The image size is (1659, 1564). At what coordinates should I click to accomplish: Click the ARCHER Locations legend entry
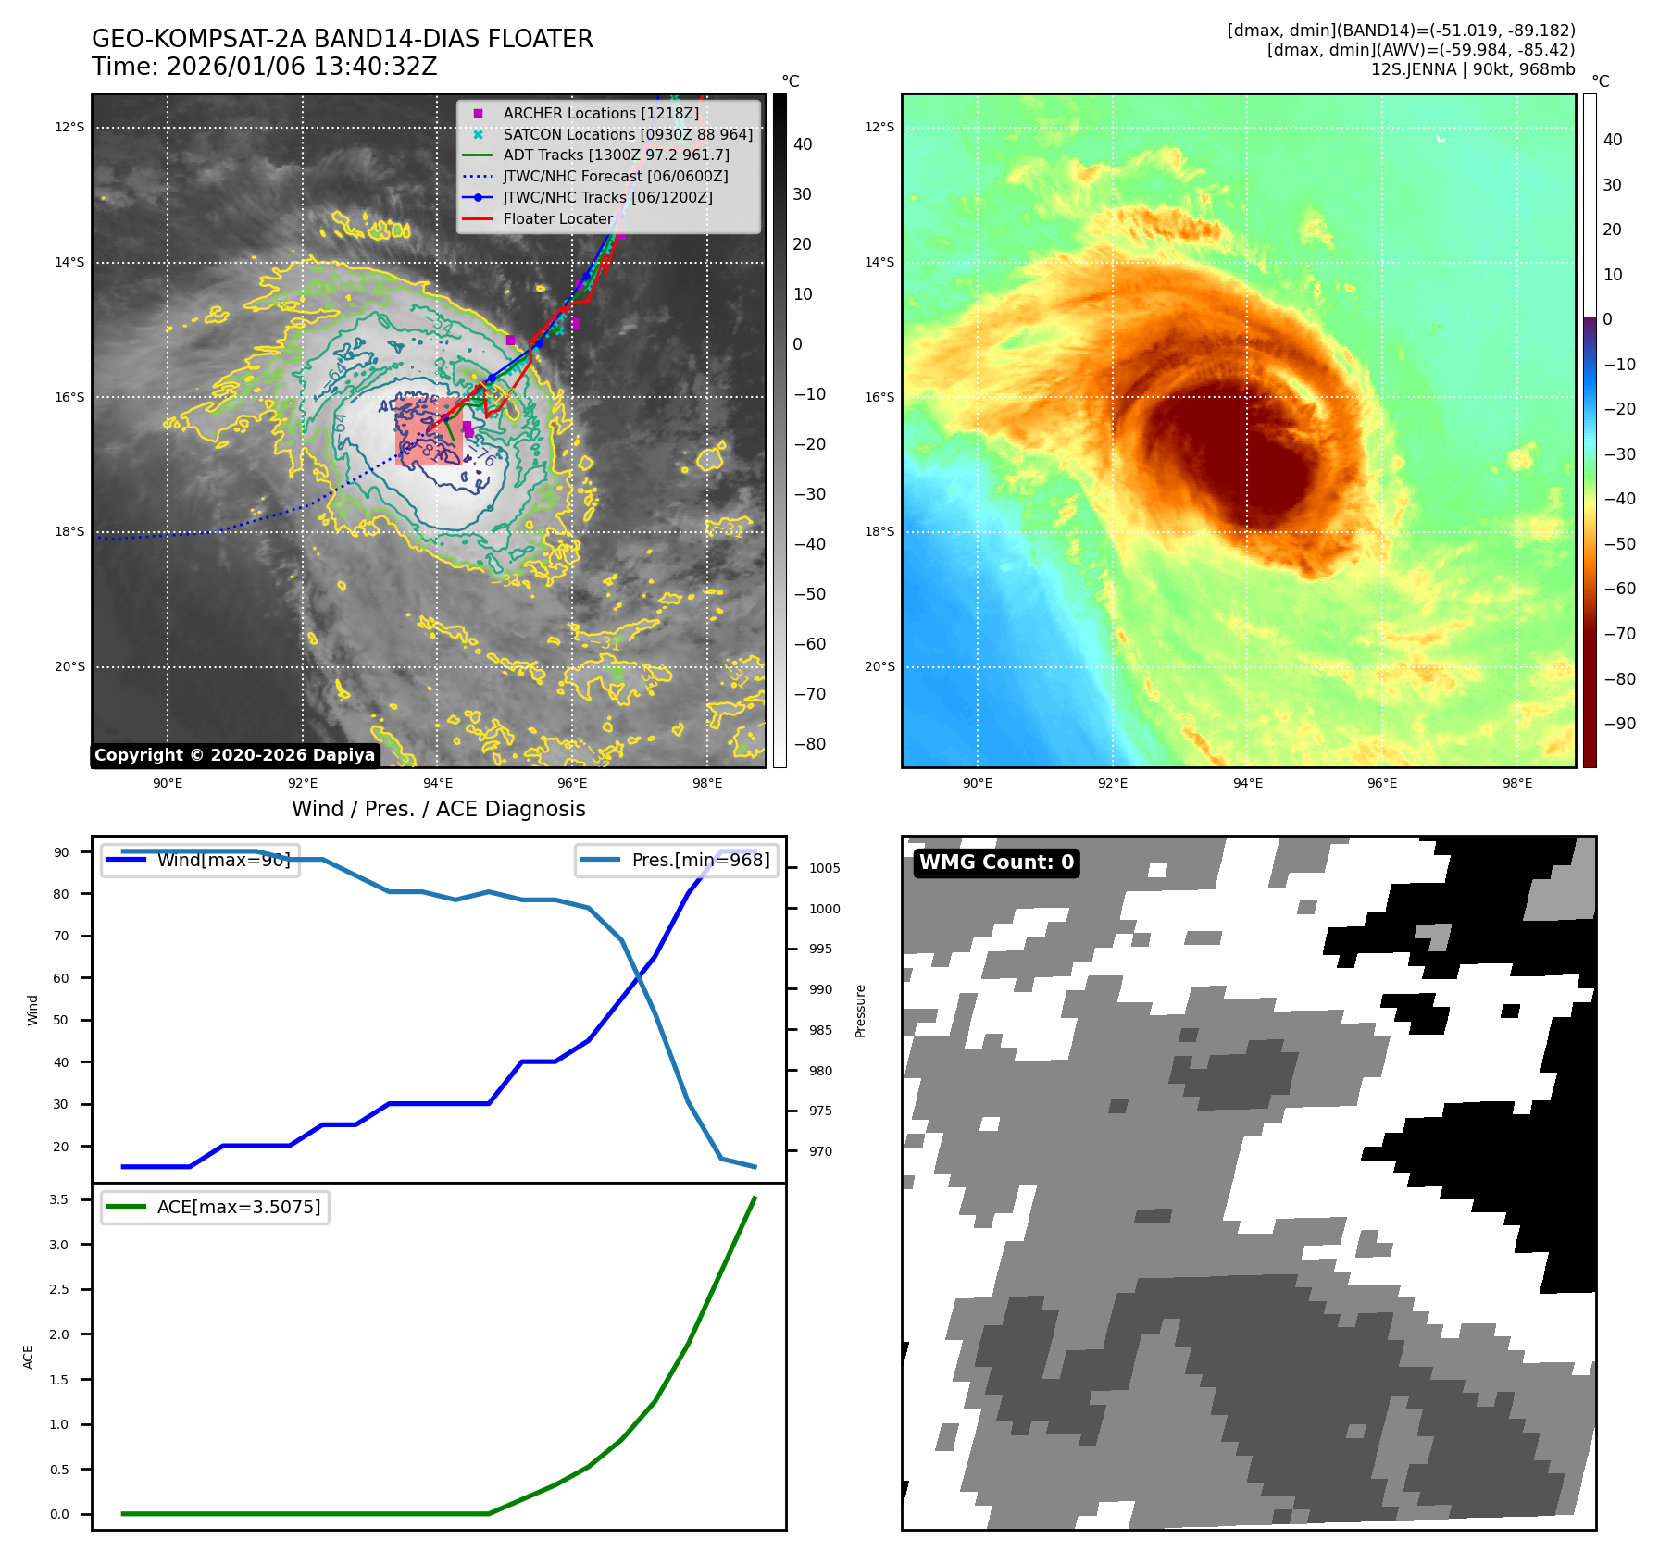(600, 113)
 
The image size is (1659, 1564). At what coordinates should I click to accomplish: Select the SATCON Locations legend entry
(627, 134)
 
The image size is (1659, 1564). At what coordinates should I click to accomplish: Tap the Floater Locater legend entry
(557, 218)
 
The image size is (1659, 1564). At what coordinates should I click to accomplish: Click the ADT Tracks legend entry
(616, 155)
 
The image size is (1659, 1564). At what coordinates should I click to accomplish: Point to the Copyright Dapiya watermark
(234, 755)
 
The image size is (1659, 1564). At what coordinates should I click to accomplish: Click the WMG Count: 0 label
(996, 863)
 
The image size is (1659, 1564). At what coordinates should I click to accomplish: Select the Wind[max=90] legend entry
(223, 860)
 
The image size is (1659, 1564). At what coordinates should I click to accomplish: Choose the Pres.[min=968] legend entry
(700, 860)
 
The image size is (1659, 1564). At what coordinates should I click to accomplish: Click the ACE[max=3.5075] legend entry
(238, 1207)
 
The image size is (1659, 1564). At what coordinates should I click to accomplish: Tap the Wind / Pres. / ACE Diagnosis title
(439, 809)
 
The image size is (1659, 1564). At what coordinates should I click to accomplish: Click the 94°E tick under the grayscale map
(438, 783)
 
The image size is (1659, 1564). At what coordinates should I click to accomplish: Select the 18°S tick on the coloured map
(879, 531)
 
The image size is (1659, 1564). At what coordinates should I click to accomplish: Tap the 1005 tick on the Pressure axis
(824, 868)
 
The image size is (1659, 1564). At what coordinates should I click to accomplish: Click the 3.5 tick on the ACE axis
(58, 1199)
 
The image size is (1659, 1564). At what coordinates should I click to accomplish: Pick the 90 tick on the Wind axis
(61, 852)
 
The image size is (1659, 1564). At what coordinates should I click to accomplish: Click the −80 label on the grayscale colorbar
(809, 744)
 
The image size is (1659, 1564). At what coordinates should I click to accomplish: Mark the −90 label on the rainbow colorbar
(1619, 724)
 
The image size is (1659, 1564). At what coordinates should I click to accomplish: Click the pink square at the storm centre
(430, 431)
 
